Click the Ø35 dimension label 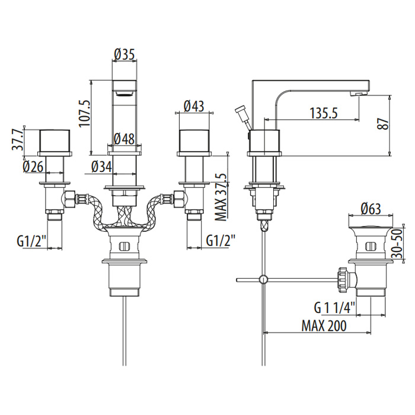click(x=124, y=54)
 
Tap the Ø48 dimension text click(x=124, y=139)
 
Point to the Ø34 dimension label click(x=102, y=168)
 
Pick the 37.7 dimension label click(x=18, y=141)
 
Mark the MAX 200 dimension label click(x=324, y=326)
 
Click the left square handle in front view click(x=56, y=141)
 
